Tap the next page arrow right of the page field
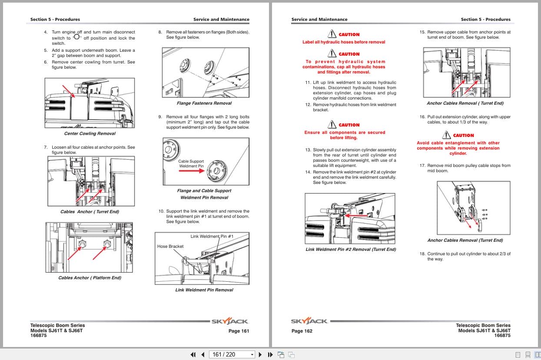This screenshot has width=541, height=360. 260,354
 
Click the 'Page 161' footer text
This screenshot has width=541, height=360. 239,331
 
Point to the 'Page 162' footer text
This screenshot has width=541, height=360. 302,331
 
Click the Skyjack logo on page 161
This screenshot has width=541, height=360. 230,321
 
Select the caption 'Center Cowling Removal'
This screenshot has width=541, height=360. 90,133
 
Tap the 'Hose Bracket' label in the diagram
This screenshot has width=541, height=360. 170,247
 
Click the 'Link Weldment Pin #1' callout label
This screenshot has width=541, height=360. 212,237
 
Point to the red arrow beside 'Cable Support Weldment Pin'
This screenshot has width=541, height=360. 191,171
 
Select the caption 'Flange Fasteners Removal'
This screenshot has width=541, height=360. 204,103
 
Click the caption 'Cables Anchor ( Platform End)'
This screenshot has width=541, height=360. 90,278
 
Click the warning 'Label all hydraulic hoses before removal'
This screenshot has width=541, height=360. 344,42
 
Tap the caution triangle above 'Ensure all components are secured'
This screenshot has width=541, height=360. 332,124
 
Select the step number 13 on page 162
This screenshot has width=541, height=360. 308,150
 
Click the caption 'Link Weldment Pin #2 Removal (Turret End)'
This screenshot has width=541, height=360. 351,250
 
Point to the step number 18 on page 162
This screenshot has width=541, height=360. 422,254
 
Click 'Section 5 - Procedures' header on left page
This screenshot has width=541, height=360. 55,20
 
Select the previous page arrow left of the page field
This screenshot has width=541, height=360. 202,354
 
